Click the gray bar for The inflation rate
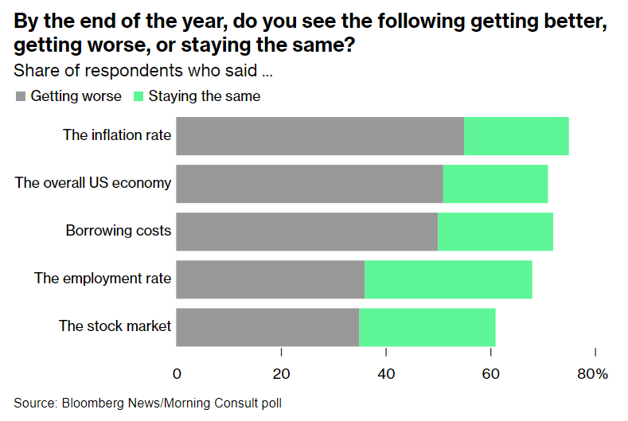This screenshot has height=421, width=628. pyautogui.click(x=319, y=136)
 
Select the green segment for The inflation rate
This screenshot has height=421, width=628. pyautogui.click(x=516, y=136)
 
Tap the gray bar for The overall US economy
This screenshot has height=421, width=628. pyautogui.click(x=309, y=184)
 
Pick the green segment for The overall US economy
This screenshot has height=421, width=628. pyautogui.click(x=495, y=184)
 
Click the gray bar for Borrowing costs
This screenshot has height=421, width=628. pyautogui.click(x=306, y=232)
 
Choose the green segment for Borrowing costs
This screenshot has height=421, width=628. pyautogui.click(x=495, y=232)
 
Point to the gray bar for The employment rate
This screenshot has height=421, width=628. pyautogui.click(x=270, y=279)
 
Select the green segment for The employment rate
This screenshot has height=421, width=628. pyautogui.click(x=448, y=279)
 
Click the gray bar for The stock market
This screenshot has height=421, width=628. pyautogui.click(x=267, y=327)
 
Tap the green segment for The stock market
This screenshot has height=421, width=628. pyautogui.click(x=427, y=327)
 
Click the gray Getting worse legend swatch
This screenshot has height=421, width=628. pyautogui.click(x=21, y=96)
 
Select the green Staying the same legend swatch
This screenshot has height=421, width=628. pyautogui.click(x=138, y=96)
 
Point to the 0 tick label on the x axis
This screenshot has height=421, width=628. pyautogui.click(x=177, y=373)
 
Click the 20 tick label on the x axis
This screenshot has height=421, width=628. pyautogui.click(x=281, y=373)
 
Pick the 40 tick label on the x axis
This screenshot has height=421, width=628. pyautogui.click(x=386, y=373)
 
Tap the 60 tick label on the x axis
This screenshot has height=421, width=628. pyautogui.click(x=491, y=373)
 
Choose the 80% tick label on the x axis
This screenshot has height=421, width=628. pyautogui.click(x=592, y=373)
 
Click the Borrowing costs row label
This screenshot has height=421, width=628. pyautogui.click(x=119, y=231)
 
